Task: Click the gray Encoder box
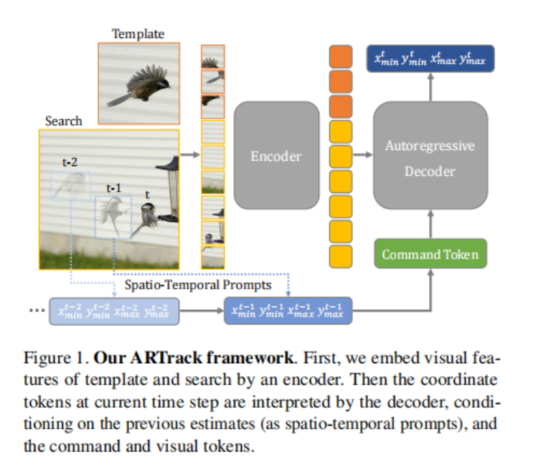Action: pos(276,156)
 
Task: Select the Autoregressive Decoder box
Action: pos(430,159)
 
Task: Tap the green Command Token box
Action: pos(430,254)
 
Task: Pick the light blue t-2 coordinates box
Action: pos(114,311)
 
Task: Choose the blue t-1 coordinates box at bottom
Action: pos(288,311)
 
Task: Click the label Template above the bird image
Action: pos(138,34)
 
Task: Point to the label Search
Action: pos(63,121)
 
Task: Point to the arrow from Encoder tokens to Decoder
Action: pos(363,156)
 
